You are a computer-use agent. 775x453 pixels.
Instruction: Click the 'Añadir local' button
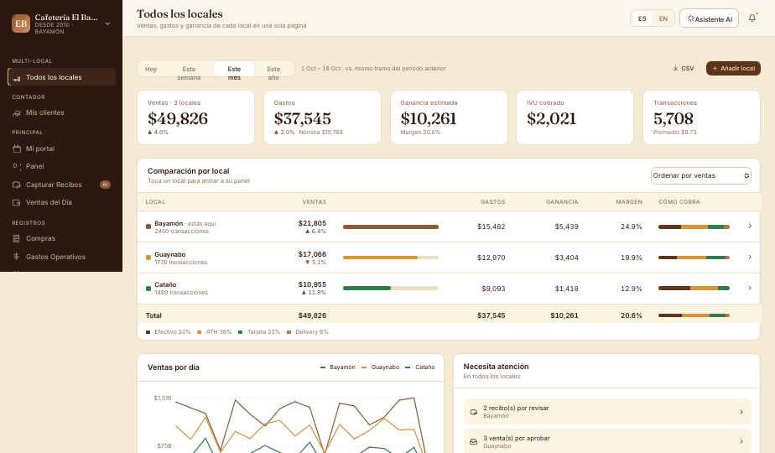[733, 68]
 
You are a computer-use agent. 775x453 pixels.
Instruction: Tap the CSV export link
[684, 68]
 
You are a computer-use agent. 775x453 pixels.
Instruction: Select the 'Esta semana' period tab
[189, 73]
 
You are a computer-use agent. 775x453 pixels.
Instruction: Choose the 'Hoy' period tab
[151, 69]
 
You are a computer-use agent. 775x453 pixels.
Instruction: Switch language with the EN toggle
[663, 18]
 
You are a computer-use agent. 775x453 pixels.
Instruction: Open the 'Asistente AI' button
[709, 18]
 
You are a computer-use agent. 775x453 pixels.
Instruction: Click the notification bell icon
[752, 18]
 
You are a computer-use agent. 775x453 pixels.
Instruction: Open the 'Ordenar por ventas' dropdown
[701, 175]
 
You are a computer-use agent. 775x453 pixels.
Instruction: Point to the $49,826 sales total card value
[178, 118]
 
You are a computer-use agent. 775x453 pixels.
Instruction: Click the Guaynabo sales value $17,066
[312, 254]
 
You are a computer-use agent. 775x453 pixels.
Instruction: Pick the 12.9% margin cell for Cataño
[632, 289]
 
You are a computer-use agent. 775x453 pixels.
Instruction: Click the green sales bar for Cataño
[367, 288]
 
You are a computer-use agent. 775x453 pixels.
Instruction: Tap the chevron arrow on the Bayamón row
[750, 226]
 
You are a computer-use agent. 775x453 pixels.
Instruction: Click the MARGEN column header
[629, 202]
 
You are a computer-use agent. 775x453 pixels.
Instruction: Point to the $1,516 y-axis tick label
[162, 398]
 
